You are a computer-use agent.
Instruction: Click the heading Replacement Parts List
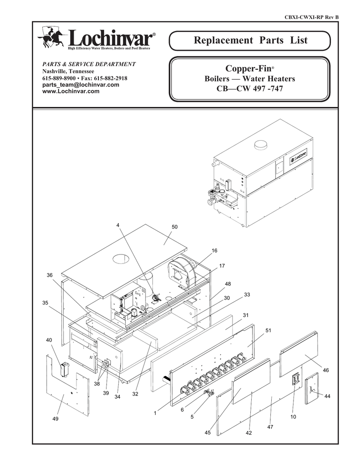point(250,41)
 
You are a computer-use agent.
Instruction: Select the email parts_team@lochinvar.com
point(81,85)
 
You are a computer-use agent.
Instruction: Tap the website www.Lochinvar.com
point(71,91)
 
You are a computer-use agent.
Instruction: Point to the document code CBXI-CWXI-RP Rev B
point(311,17)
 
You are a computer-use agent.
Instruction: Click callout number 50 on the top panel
point(174,227)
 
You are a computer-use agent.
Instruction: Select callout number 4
point(117,226)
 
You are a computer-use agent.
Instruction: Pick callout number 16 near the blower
point(214,251)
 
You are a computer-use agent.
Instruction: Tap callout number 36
point(50,275)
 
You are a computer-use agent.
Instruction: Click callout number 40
point(49,340)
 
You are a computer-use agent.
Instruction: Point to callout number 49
point(55,419)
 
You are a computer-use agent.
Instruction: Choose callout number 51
point(268,330)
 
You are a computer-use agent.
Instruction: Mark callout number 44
point(327,397)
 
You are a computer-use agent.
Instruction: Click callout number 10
point(293,417)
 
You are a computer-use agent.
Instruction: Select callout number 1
point(155,413)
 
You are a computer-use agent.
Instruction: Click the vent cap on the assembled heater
point(262,146)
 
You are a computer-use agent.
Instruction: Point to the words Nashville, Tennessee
point(68,71)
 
